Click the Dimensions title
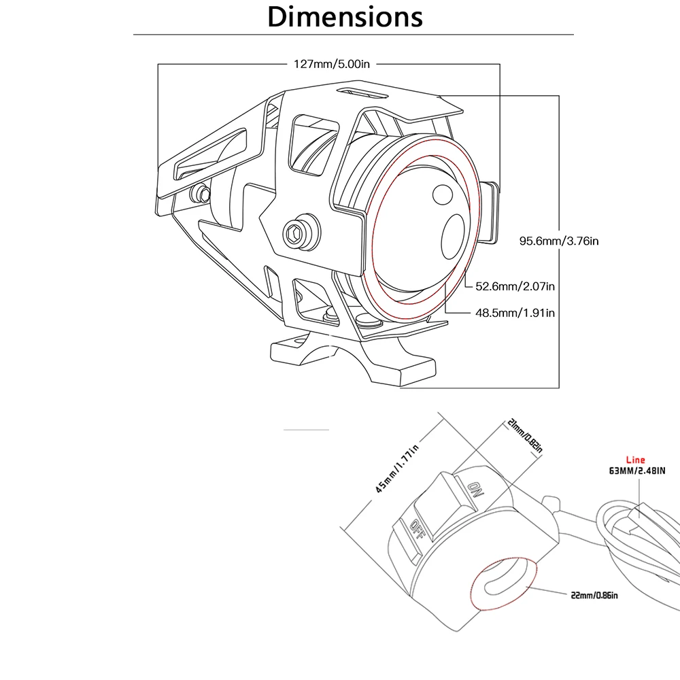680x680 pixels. (345, 16)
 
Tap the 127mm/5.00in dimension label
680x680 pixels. (332, 64)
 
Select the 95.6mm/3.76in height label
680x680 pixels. (559, 240)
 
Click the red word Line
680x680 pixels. (636, 460)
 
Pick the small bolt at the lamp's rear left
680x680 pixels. (201, 194)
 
